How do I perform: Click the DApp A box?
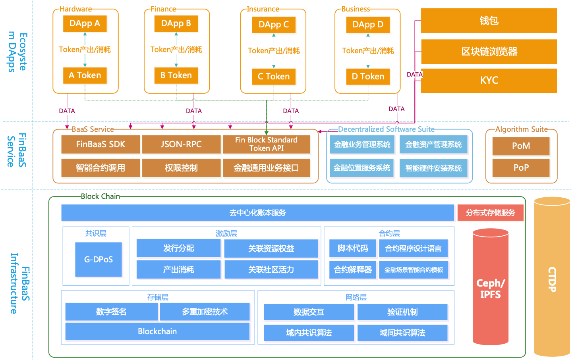[85, 24]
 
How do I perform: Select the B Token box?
[176, 75]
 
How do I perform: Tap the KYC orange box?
[489, 81]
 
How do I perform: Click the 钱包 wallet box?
[489, 21]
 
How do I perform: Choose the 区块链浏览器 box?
[489, 52]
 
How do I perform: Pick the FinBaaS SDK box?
[100, 144]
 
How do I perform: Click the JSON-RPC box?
[181, 144]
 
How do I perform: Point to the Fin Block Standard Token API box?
[266, 144]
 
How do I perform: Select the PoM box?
[521, 146]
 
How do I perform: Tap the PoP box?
[521, 168]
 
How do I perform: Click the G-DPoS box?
[99, 260]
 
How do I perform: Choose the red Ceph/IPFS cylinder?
[491, 288]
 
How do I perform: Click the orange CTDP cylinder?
[552, 278]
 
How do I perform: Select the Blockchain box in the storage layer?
[157, 331]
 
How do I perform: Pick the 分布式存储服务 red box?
[491, 213]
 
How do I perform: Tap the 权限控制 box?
[181, 168]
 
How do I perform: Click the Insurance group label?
[263, 9]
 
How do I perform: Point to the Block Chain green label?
[100, 196]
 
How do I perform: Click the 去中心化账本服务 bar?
[257, 213]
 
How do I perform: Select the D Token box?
[368, 77]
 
